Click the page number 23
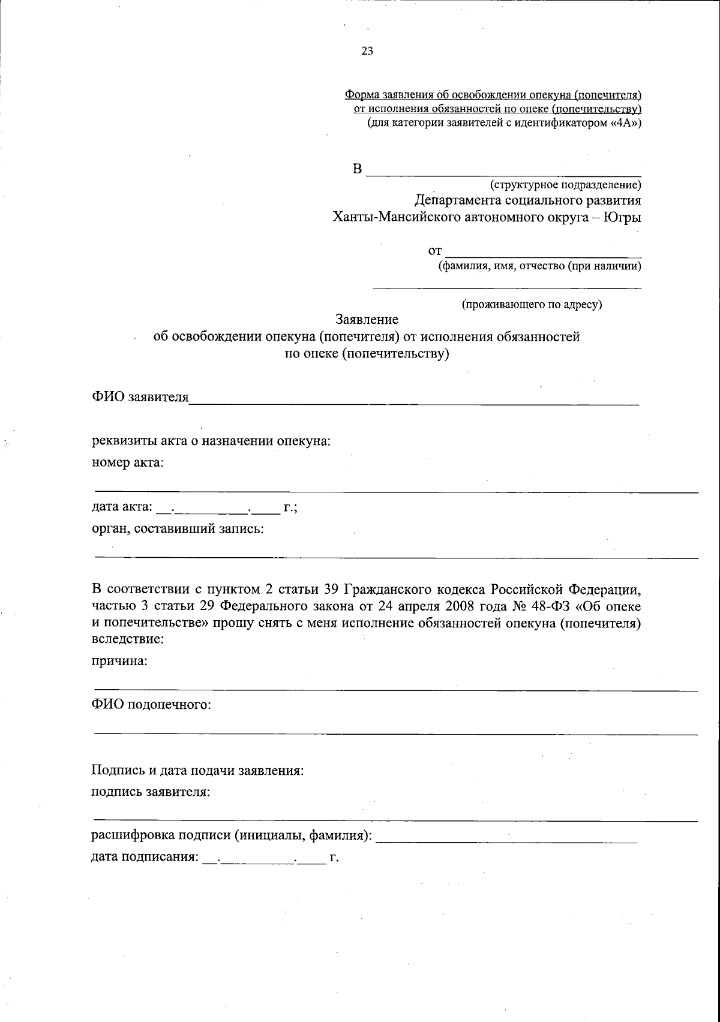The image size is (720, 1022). pos(367,52)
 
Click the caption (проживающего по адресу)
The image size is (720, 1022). pos(532,305)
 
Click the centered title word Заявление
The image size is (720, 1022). pos(367,320)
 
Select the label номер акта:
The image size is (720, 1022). pos(127,462)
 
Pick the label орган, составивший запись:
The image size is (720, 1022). pos(178,529)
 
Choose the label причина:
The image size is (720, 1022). pos(119,661)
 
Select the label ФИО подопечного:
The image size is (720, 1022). pos(151,704)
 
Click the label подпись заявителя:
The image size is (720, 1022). pos(151,792)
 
